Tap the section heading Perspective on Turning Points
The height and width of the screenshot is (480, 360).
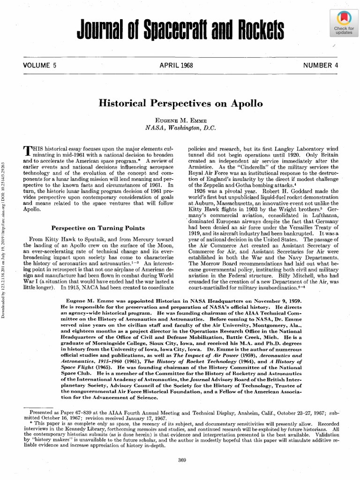98,228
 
